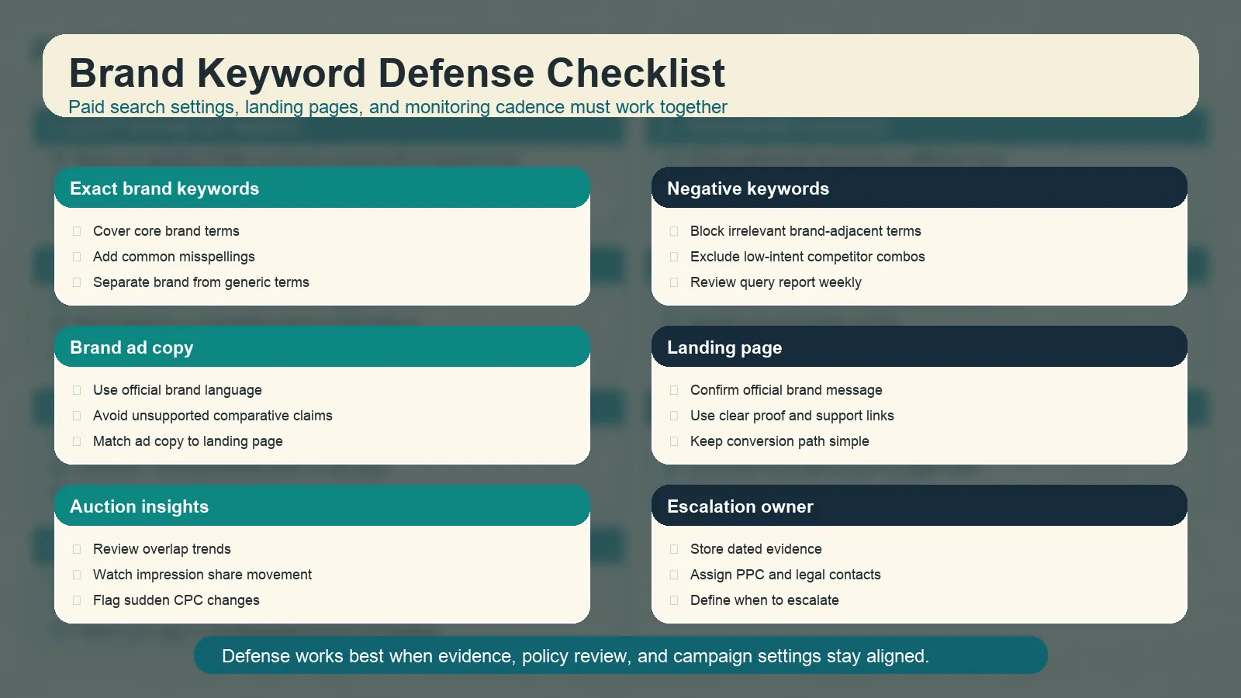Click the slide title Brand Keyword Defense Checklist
pyautogui.click(x=396, y=74)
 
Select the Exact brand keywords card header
pyautogui.click(x=164, y=188)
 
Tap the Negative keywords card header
pyautogui.click(x=748, y=188)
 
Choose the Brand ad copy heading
pyautogui.click(x=131, y=347)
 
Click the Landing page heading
pyautogui.click(x=724, y=347)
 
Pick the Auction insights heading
pyautogui.click(x=139, y=506)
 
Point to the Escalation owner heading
pyautogui.click(x=740, y=506)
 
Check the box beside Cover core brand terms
pyautogui.click(x=77, y=231)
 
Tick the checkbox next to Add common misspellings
pyautogui.click(x=77, y=257)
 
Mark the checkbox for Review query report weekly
pyautogui.click(x=674, y=282)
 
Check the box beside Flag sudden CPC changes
pyautogui.click(x=77, y=600)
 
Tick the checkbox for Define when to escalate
pyautogui.click(x=674, y=600)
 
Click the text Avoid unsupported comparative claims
pyautogui.click(x=213, y=416)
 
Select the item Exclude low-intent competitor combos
pyautogui.click(x=807, y=257)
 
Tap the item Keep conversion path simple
pyautogui.click(x=780, y=441)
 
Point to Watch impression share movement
pyautogui.click(x=202, y=575)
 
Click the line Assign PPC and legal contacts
pyautogui.click(x=785, y=575)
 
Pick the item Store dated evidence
pyautogui.click(x=755, y=549)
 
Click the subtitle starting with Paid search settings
pyautogui.click(x=397, y=107)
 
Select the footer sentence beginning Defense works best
pyautogui.click(x=575, y=656)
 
